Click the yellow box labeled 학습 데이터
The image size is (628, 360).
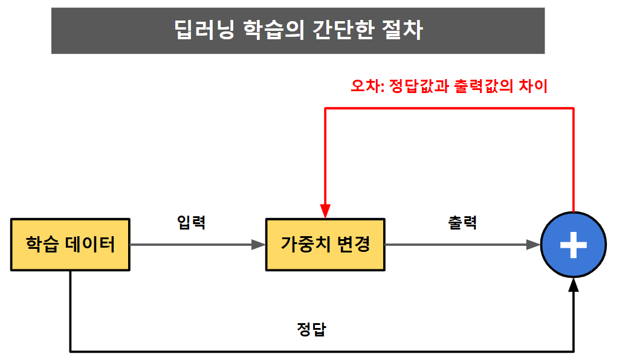(x=70, y=244)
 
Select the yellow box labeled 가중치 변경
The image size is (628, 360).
(x=325, y=244)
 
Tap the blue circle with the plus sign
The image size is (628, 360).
(x=573, y=245)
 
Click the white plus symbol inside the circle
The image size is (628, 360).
(x=573, y=245)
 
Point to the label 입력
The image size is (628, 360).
(x=191, y=222)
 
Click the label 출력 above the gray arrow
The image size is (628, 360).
(x=462, y=222)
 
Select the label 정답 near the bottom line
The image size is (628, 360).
(x=312, y=329)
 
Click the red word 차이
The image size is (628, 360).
(x=533, y=86)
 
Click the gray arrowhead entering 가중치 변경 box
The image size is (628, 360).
(x=259, y=245)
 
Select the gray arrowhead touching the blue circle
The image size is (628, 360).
(x=533, y=245)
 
